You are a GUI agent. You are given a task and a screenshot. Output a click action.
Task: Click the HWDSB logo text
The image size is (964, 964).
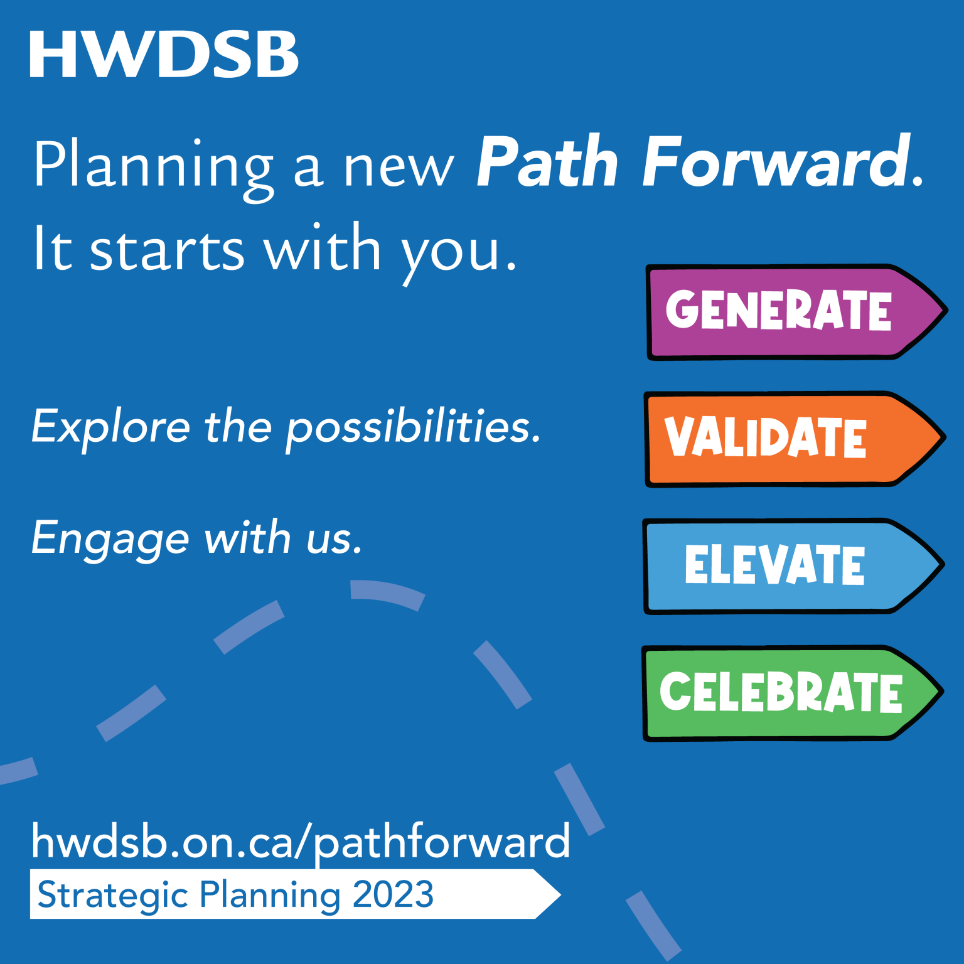point(164,55)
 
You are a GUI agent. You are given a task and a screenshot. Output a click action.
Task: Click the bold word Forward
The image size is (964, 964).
point(776,163)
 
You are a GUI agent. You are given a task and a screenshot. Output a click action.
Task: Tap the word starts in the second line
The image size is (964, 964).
point(167,250)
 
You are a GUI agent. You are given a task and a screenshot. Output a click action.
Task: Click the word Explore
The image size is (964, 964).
point(110,427)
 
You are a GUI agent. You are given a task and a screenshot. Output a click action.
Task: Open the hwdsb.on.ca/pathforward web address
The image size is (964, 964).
point(301,842)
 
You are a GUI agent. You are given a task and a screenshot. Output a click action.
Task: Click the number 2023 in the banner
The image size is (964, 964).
point(393,894)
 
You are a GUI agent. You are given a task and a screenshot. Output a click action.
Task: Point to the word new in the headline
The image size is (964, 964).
point(398,168)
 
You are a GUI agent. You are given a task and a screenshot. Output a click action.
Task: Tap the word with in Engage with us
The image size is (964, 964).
point(247,538)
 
